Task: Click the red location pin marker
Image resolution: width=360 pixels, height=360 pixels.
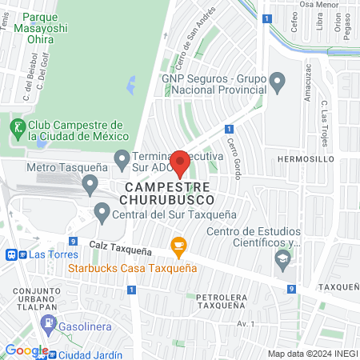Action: (x=180, y=163)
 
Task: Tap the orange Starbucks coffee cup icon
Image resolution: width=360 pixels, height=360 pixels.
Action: (x=178, y=246)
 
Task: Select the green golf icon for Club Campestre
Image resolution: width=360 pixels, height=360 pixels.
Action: (x=16, y=126)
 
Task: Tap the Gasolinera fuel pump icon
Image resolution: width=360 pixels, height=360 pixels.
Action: (x=49, y=324)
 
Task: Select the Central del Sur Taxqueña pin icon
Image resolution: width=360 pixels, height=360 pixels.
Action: (x=102, y=214)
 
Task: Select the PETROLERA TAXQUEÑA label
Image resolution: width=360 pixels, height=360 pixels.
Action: (x=226, y=302)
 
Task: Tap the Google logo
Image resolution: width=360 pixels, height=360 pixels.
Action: (x=26, y=350)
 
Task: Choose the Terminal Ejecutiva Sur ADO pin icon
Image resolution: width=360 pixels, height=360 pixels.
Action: (x=122, y=160)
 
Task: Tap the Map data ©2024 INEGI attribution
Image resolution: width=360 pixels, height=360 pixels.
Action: (x=311, y=354)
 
